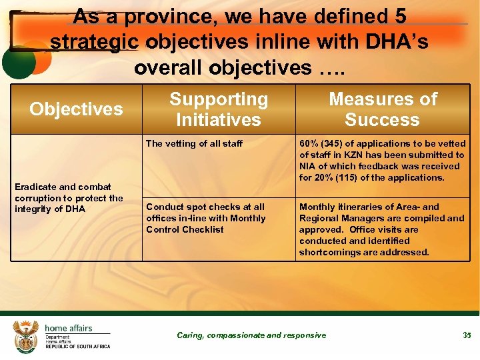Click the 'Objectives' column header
point(76,109)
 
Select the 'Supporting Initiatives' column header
point(219,109)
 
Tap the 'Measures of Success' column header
point(383,109)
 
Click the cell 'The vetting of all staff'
point(194,143)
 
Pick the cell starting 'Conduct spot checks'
point(205,218)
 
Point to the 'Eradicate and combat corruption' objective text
point(69,198)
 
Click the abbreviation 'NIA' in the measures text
point(308,166)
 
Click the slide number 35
point(467,335)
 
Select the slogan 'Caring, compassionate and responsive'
point(251,335)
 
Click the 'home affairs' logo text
point(68,328)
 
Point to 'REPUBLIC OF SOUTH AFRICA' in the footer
point(77,347)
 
